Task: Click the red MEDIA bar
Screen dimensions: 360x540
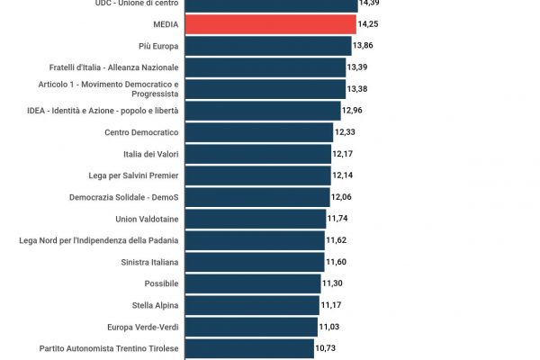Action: pyautogui.click(x=270, y=23)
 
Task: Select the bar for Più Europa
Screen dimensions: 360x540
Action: pyautogui.click(x=267, y=45)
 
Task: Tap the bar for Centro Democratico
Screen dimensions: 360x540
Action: pyautogui.click(x=258, y=132)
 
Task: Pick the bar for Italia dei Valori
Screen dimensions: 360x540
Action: pyautogui.click(x=257, y=154)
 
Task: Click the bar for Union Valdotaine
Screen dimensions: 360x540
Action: pyautogui.click(x=255, y=219)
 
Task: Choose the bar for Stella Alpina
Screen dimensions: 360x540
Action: pyautogui.click(x=252, y=305)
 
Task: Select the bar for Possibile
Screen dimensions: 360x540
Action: pyautogui.click(x=252, y=283)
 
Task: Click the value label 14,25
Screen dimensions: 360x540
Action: pyautogui.click(x=368, y=23)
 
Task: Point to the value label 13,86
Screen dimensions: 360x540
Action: pyautogui.click(x=364, y=45)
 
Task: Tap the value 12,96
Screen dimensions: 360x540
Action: pyautogui.click(x=354, y=111)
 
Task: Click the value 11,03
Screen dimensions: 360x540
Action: pyautogui.click(x=329, y=327)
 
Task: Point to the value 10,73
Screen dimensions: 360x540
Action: pyautogui.click(x=326, y=348)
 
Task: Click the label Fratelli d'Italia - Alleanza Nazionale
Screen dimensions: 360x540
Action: pyautogui.click(x=113, y=67)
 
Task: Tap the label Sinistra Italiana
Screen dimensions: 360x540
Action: pyautogui.click(x=149, y=262)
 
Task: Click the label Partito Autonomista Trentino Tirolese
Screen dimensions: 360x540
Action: pyautogui.click(x=109, y=348)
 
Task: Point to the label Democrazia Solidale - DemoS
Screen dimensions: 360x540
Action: pyautogui.click(x=123, y=197)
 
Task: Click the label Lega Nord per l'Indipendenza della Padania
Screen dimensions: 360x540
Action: pyautogui.click(x=99, y=240)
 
